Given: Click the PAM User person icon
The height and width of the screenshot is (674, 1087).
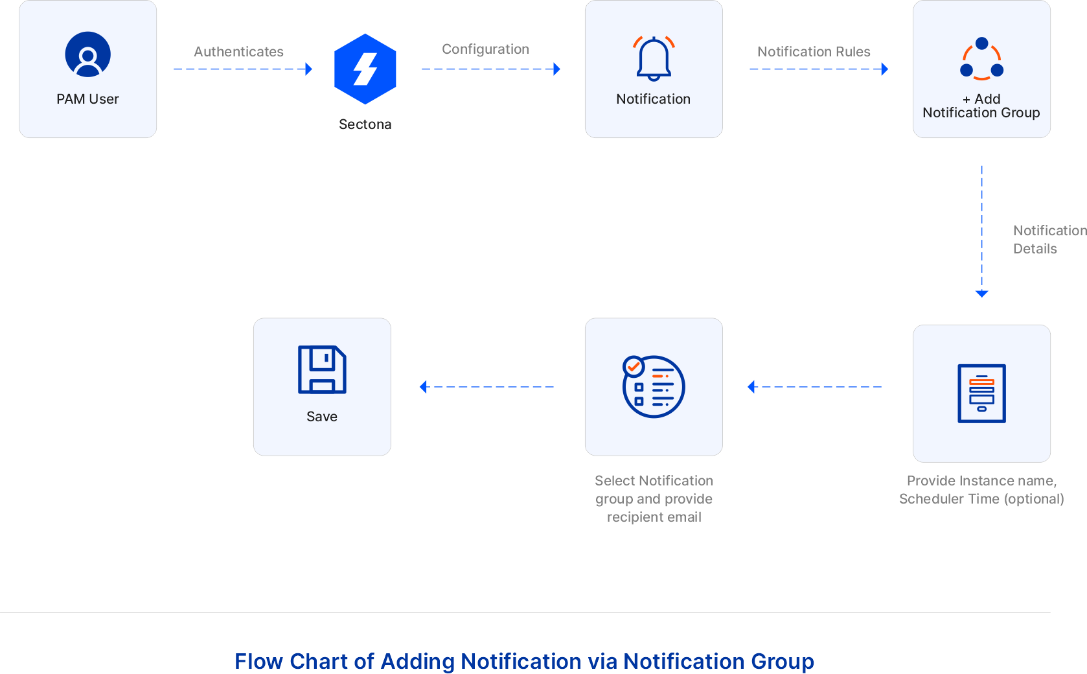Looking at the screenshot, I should [87, 54].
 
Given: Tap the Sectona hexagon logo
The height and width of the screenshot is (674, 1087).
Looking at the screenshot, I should [365, 69].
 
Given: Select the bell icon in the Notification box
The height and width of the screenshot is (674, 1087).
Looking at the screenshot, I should [654, 58].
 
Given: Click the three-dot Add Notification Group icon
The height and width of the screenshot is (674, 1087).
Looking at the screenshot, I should [981, 59].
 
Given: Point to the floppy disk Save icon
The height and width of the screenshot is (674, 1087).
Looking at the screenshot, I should [322, 369].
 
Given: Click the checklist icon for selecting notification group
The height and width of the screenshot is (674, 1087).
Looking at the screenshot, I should [653, 386].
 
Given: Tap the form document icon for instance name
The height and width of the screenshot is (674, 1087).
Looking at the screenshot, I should [981, 393].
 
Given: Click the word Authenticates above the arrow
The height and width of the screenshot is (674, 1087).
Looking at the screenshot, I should [238, 52].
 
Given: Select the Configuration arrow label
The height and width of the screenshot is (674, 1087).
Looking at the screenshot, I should [485, 49].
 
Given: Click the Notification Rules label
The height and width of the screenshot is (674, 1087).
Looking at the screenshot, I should [814, 52].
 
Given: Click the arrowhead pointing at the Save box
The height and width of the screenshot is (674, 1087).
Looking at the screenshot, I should [424, 387].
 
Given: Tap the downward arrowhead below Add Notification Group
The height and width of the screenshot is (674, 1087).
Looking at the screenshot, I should [981, 294].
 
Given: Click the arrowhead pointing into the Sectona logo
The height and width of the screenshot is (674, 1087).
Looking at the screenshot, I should [309, 69].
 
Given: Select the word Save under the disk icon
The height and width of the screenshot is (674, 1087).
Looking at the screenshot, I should [322, 417].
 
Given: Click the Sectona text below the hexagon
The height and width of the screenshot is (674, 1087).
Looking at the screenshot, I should [365, 124].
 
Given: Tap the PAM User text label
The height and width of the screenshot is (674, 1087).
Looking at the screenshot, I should [87, 99].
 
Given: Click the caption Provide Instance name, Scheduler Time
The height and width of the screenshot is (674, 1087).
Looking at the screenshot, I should [981, 489].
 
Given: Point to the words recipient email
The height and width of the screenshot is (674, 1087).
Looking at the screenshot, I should [654, 517].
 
